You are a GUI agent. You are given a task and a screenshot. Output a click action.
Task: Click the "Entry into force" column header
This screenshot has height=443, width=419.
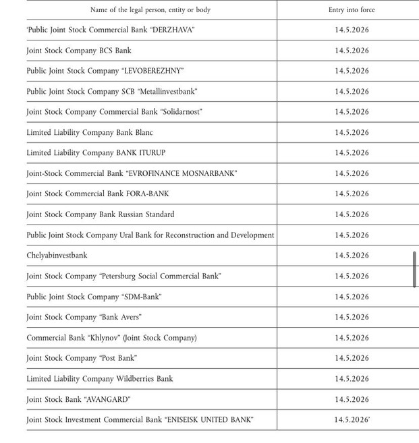[x=352, y=10]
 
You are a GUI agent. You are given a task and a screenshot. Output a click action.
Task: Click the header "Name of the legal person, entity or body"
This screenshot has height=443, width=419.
[x=150, y=10]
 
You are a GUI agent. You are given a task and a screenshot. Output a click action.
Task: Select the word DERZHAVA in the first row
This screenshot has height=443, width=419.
[x=169, y=30]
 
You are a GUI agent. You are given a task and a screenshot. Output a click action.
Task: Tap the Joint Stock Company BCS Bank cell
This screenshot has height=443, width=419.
[x=79, y=51]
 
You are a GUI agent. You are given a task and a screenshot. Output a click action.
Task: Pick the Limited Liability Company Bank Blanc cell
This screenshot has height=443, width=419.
[x=90, y=132]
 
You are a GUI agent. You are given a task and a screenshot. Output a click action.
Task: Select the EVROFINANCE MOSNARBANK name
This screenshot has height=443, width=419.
[x=181, y=173]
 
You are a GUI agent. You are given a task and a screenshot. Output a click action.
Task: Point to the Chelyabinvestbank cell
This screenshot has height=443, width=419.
[x=57, y=256]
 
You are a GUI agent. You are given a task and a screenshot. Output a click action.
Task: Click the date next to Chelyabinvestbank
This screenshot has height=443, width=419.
[x=352, y=256]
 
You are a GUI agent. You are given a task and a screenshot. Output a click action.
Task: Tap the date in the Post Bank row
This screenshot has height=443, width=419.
[x=352, y=358]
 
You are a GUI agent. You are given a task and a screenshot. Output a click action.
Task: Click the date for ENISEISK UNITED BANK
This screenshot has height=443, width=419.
[x=352, y=420]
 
